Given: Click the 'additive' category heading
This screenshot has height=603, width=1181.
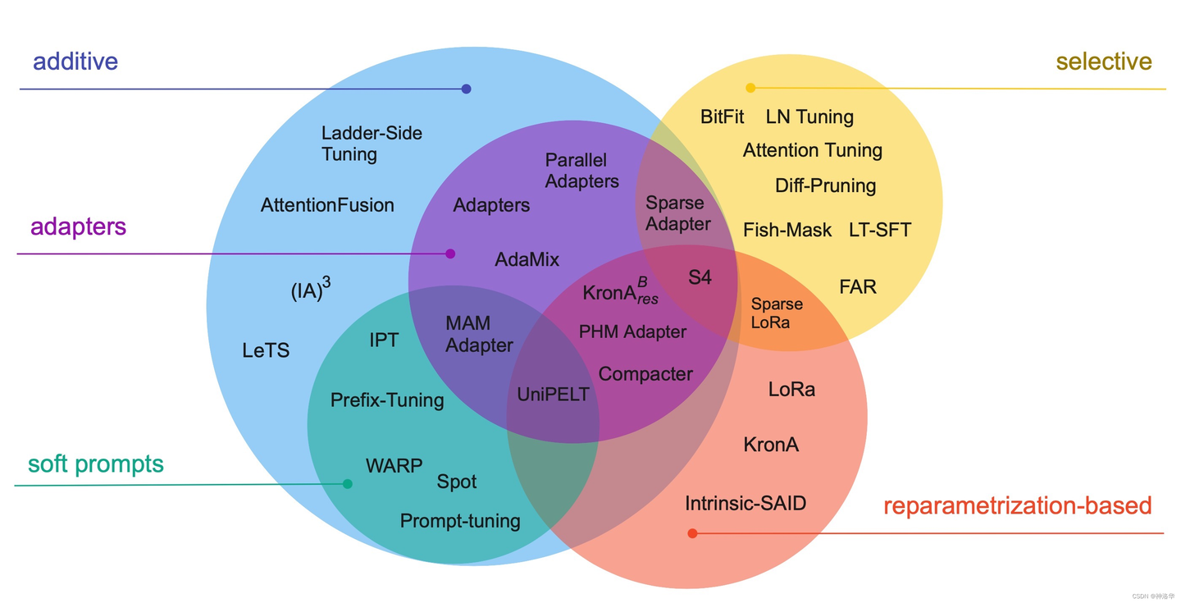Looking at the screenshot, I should pyautogui.click(x=75, y=62).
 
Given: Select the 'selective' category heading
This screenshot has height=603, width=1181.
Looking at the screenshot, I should pyautogui.click(x=1103, y=62).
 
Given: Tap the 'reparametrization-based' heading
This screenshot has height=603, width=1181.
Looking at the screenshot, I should pyautogui.click(x=1017, y=505).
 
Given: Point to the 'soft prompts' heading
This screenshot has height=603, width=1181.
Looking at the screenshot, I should pyautogui.click(x=96, y=464).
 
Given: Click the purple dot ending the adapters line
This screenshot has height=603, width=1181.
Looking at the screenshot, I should pyautogui.click(x=450, y=254).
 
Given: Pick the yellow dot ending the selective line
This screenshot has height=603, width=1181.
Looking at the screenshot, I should pyautogui.click(x=750, y=88).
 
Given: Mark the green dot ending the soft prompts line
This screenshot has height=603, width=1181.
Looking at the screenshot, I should pyautogui.click(x=348, y=484).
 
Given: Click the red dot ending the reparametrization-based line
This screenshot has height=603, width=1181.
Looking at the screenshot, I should pyautogui.click(x=692, y=533).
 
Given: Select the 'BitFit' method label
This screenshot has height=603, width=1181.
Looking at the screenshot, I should pyautogui.click(x=722, y=116).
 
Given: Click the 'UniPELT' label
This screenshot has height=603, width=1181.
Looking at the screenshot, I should pyautogui.click(x=553, y=395).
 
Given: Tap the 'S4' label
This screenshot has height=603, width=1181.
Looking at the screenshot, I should pyautogui.click(x=700, y=277).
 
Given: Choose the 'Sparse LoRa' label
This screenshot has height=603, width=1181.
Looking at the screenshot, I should pyautogui.click(x=777, y=313).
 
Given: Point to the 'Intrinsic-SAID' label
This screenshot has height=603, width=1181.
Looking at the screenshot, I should pyautogui.click(x=746, y=503).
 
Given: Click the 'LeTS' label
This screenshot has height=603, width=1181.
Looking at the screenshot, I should pyautogui.click(x=266, y=351).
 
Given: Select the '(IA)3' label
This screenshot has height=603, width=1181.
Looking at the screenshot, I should pyautogui.click(x=311, y=289).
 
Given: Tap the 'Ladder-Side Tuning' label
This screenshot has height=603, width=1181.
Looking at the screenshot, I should pyautogui.click(x=372, y=144).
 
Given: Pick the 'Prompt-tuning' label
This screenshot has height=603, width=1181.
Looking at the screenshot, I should pyautogui.click(x=460, y=521).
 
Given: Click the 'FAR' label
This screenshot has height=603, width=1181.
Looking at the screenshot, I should pyautogui.click(x=858, y=287).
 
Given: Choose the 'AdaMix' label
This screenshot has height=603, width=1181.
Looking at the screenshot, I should pyautogui.click(x=527, y=260).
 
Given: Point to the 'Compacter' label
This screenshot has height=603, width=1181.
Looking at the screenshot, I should pyautogui.click(x=645, y=374).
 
